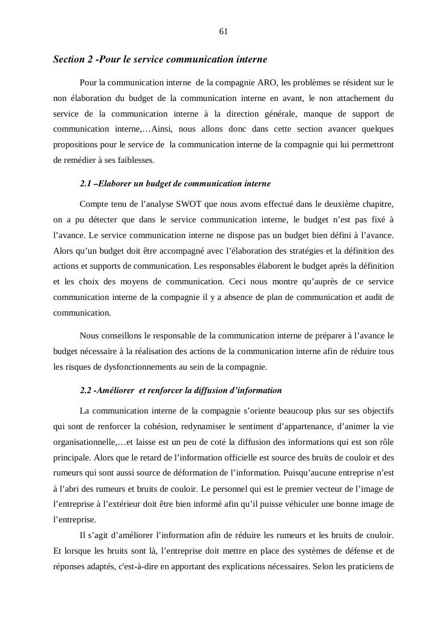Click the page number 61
[x=224, y=31]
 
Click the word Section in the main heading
[x=69, y=60]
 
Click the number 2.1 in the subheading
[x=86, y=183]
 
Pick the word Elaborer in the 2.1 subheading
[x=117, y=183]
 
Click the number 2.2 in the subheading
[x=86, y=390]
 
